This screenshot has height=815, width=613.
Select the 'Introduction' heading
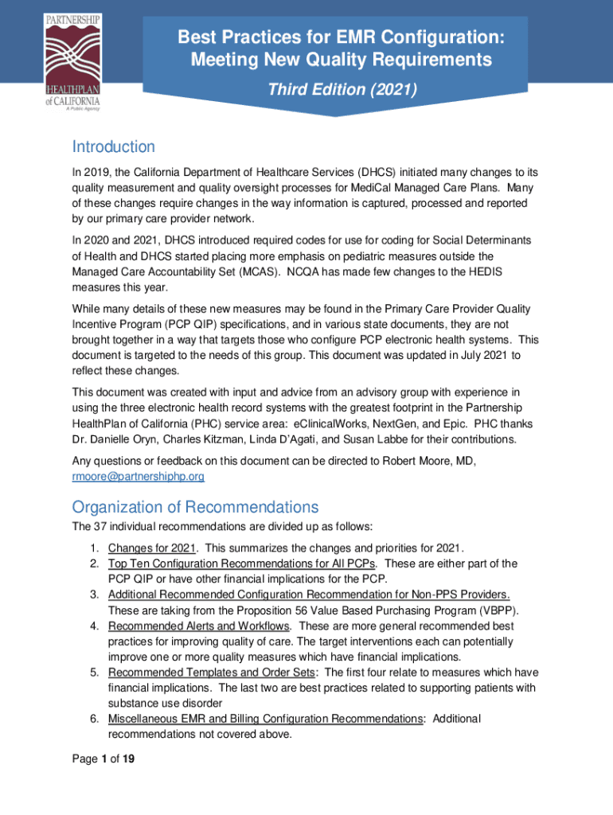pos(113,147)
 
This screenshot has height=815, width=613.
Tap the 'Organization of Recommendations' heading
pos(195,507)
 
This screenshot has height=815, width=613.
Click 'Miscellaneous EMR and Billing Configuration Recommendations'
pos(265,719)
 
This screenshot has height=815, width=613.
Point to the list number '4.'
pos(93,626)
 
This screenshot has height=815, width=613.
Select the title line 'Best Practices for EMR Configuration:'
pos(344,37)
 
